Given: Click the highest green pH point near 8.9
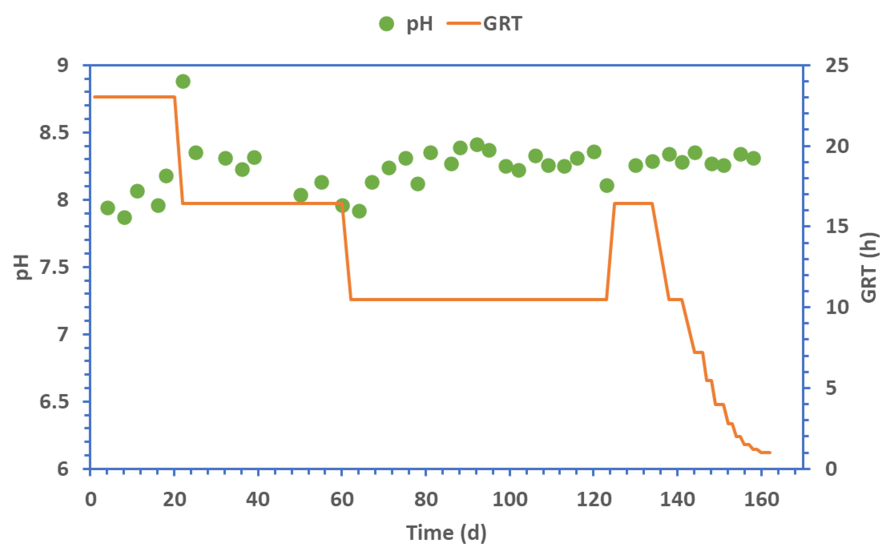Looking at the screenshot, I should pyautogui.click(x=183, y=81).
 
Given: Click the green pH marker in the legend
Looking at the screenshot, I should pyautogui.click(x=386, y=24).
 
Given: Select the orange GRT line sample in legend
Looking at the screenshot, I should pyautogui.click(x=464, y=23).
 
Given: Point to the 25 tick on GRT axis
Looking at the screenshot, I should pyautogui.click(x=837, y=65).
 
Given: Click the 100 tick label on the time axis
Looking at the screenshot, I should pyautogui.click(x=509, y=500).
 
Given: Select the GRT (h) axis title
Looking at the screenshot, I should pyautogui.click(x=869, y=267).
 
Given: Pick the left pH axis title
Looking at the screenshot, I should pyautogui.click(x=23, y=267).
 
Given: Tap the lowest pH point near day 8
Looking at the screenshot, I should pyautogui.click(x=124, y=218).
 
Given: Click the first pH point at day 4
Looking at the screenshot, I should pyautogui.click(x=108, y=208).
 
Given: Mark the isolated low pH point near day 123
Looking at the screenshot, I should pyautogui.click(x=607, y=186).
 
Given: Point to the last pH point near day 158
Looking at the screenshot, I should pyautogui.click(x=753, y=158).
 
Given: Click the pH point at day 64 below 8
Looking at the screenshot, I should pyautogui.click(x=359, y=211).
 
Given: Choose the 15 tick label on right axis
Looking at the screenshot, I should pyautogui.click(x=837, y=226).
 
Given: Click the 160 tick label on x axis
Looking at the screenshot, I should pyautogui.click(x=761, y=500).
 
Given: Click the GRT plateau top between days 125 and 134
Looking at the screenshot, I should pyautogui.click(x=633, y=203).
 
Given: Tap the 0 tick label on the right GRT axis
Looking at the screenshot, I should pyautogui.click(x=831, y=469).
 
